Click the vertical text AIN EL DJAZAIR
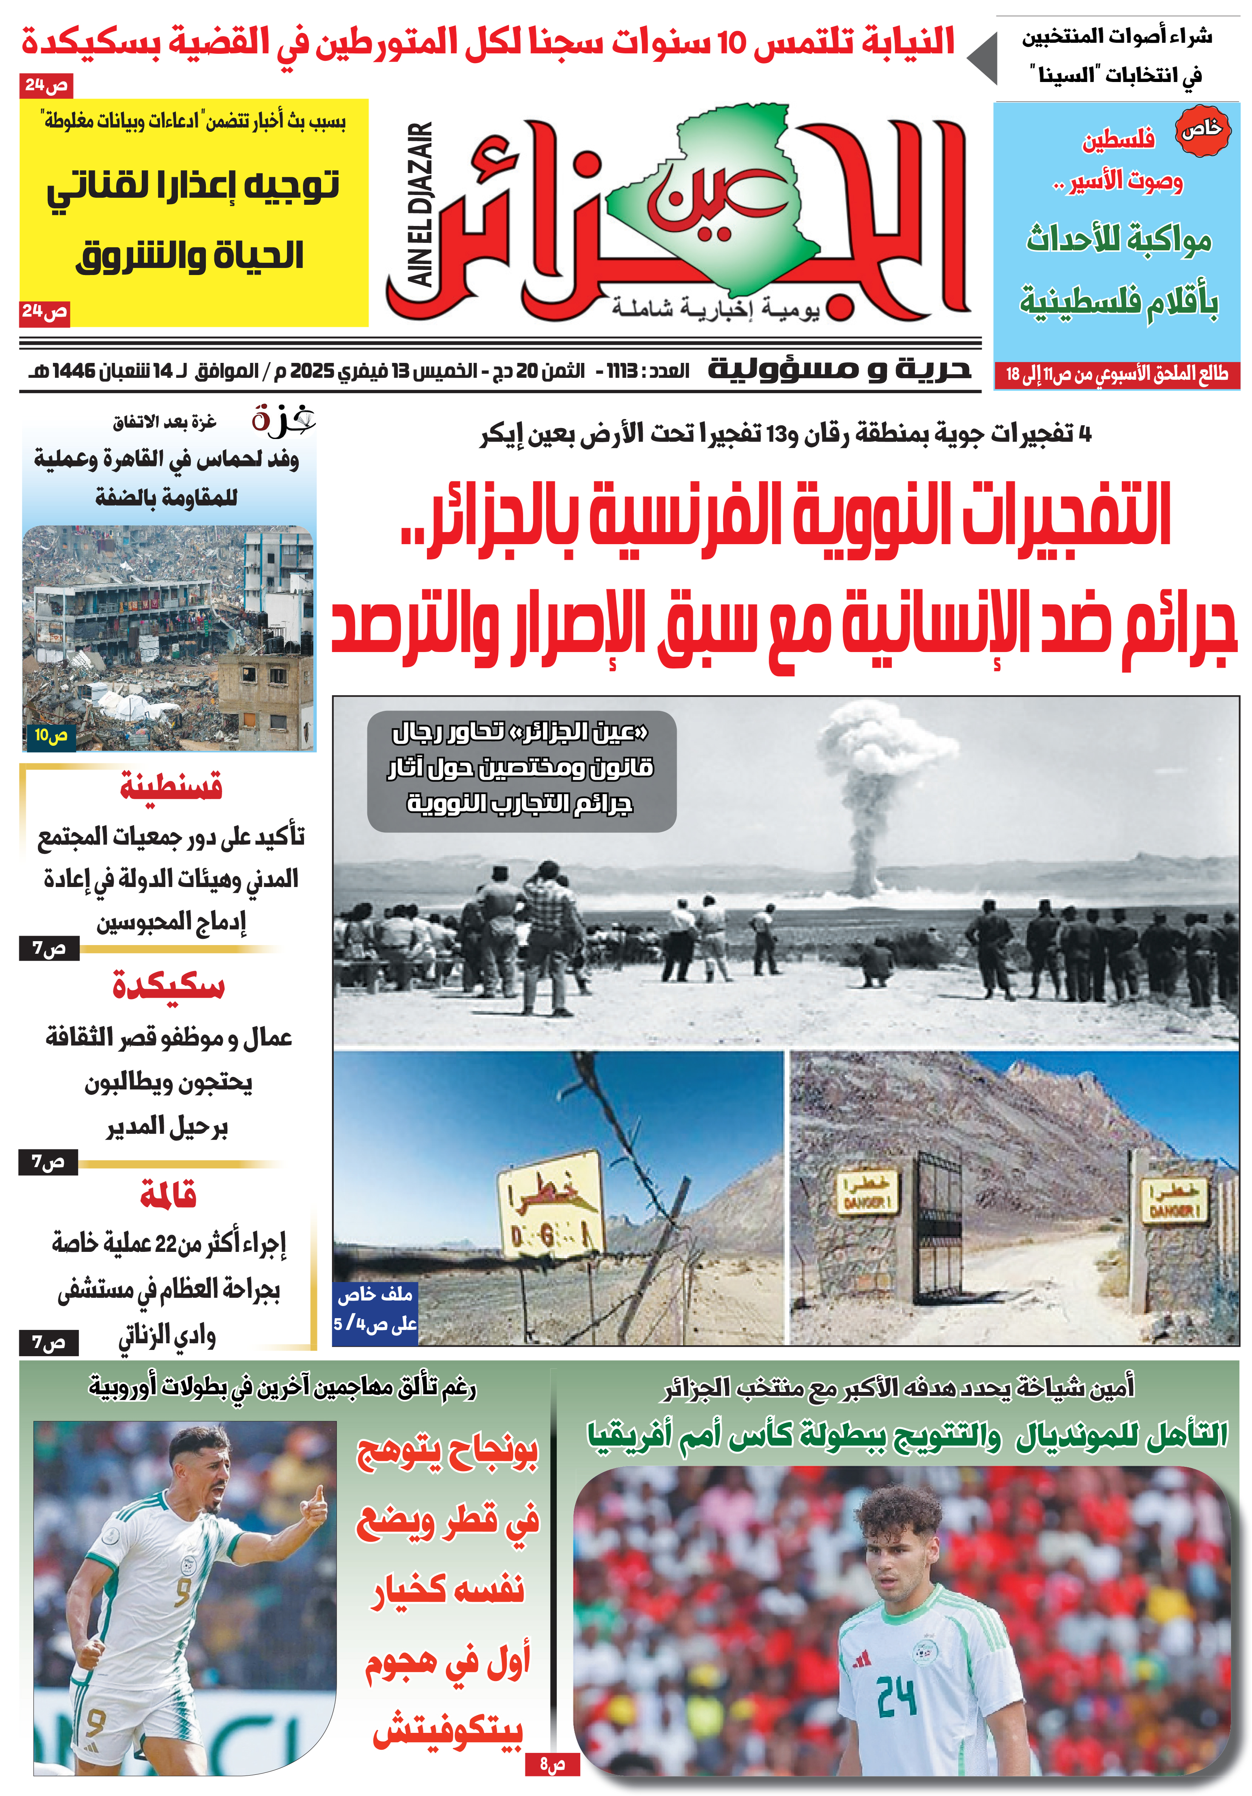[420, 205]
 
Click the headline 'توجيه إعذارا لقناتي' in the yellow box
[193, 186]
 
